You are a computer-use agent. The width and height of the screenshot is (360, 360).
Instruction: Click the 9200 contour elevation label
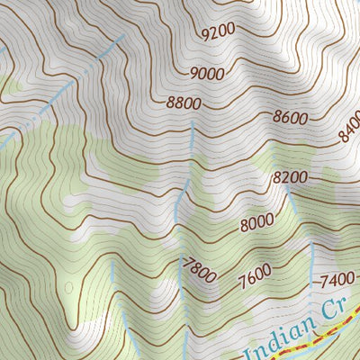pos(219,31)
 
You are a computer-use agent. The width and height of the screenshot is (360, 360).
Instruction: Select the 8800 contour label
pos(183,103)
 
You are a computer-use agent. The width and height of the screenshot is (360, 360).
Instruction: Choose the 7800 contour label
pos(199,269)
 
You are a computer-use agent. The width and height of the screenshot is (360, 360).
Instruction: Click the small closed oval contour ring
pos(68,287)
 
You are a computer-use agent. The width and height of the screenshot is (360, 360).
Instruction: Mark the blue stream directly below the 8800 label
pos(192,144)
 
